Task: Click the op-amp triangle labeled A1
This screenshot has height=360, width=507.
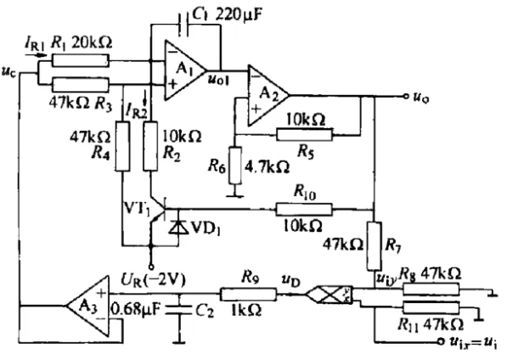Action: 184,70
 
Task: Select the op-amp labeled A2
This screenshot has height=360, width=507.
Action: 268,96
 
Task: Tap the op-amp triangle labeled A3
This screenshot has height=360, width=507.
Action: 88,306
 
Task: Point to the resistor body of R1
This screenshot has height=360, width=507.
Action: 80,61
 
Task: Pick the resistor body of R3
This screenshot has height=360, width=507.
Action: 80,85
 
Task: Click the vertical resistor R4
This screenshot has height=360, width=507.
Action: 122,146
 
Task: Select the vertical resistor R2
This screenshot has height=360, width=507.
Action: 150,146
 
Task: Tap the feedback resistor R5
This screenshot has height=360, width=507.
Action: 304,134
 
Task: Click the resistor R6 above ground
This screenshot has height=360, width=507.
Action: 235,166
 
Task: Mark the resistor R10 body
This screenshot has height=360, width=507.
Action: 304,210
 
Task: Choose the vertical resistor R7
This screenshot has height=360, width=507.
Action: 375,246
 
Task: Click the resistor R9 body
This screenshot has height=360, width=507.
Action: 248,295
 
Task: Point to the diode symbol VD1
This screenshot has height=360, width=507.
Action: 178,227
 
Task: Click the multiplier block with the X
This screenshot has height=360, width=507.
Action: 329,295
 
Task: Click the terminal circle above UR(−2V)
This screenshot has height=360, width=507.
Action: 151,267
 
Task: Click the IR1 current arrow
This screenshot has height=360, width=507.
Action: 37,55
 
